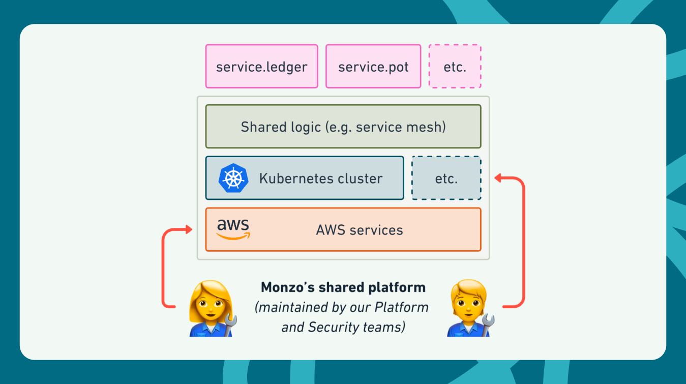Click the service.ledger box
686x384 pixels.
click(261, 66)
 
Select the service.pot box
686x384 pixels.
click(373, 66)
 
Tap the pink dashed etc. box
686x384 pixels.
click(455, 66)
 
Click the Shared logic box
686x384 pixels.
click(343, 127)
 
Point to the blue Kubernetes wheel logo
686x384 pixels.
click(233, 179)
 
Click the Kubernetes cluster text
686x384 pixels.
click(320, 179)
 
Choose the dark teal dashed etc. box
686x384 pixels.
click(446, 179)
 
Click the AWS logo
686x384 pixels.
click(233, 229)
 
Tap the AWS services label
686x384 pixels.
click(359, 230)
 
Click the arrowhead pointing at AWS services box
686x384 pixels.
click(188, 230)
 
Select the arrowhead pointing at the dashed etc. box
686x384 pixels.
click(498, 178)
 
